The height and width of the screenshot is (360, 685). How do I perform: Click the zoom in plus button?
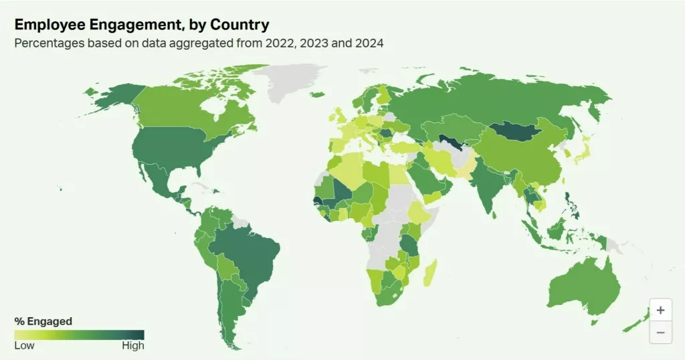(x=660, y=310)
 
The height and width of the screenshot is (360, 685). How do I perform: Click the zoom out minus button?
(x=660, y=332)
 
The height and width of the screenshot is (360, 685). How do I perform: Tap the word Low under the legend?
(x=24, y=346)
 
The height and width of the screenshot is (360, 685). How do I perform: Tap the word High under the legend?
(x=133, y=346)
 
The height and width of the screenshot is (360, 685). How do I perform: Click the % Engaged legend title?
(x=43, y=321)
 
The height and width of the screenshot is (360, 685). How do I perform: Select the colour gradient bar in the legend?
(x=79, y=334)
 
